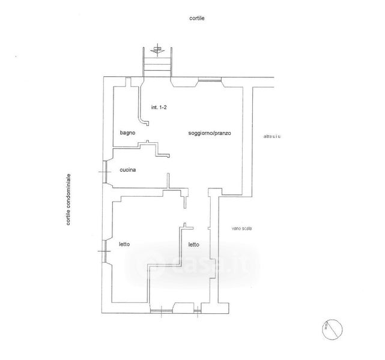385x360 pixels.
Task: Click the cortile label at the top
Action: coord(196,19)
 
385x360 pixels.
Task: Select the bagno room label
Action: coord(127,133)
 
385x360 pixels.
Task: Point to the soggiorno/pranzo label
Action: coord(210,133)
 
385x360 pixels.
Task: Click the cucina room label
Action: coord(127,170)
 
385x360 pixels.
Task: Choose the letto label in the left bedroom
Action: coord(124,244)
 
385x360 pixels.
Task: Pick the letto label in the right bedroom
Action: coord(193,244)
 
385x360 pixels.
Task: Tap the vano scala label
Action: coord(241,229)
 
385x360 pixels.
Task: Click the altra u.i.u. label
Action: coord(272,137)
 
